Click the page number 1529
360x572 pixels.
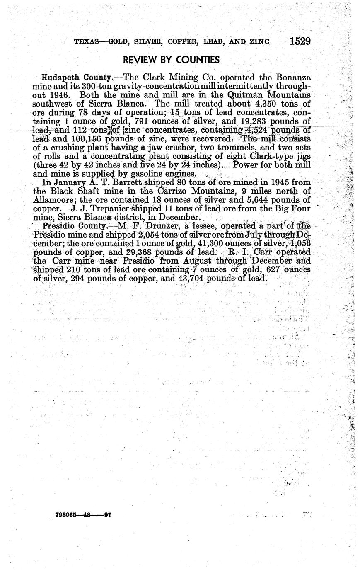click(300, 41)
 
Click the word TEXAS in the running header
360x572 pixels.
click(86, 41)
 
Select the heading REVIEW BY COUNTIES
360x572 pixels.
click(171, 60)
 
